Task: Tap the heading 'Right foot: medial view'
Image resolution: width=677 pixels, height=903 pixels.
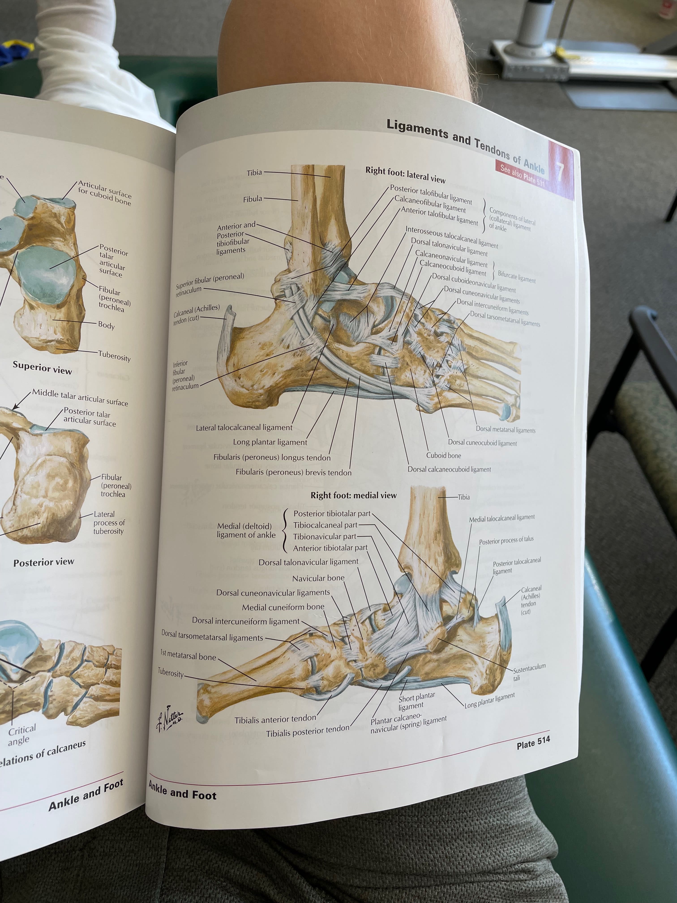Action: (x=353, y=495)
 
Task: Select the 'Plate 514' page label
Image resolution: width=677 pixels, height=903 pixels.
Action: (x=533, y=742)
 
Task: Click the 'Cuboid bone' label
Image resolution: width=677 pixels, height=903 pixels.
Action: (x=443, y=455)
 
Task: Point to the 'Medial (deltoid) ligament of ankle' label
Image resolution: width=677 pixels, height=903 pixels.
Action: (x=246, y=530)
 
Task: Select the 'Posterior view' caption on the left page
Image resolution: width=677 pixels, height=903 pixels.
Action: (x=44, y=562)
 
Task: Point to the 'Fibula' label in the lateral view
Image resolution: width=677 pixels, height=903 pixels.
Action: (x=253, y=199)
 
